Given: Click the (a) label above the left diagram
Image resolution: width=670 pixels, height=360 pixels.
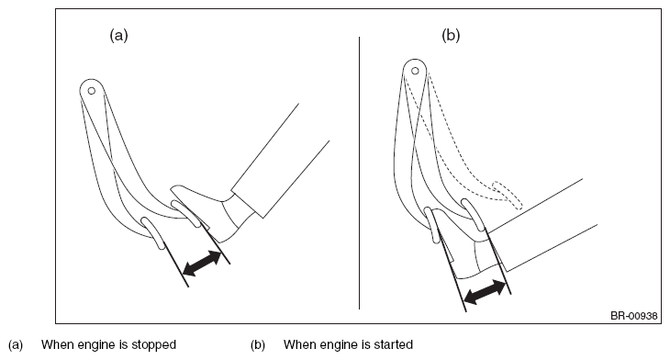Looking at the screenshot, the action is (118, 35).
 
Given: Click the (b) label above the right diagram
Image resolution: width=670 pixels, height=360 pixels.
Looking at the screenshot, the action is (451, 35).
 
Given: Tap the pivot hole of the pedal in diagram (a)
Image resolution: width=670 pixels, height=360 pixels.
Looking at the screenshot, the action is (92, 91).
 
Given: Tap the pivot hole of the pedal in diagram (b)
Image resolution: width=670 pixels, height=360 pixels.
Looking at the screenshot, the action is (415, 71).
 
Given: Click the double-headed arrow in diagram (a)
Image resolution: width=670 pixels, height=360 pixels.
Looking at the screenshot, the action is (202, 263).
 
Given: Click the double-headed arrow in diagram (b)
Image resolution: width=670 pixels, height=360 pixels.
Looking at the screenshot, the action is (485, 292).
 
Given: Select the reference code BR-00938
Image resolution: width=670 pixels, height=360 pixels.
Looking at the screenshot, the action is (633, 316).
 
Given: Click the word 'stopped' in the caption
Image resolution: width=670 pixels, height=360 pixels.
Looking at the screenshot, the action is (154, 345).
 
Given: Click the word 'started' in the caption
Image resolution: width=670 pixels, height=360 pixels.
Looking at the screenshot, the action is (394, 344).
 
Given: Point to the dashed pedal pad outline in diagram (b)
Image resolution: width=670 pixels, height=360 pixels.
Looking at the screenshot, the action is (508, 195).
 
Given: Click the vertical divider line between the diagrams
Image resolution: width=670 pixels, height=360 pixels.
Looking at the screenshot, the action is (359, 173).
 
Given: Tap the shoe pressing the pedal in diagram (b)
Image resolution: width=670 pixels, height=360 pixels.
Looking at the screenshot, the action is (470, 253).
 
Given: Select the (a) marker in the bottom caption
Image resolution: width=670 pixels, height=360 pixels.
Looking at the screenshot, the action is (16, 345).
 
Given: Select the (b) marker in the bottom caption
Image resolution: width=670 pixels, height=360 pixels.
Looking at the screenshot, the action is (258, 345).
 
